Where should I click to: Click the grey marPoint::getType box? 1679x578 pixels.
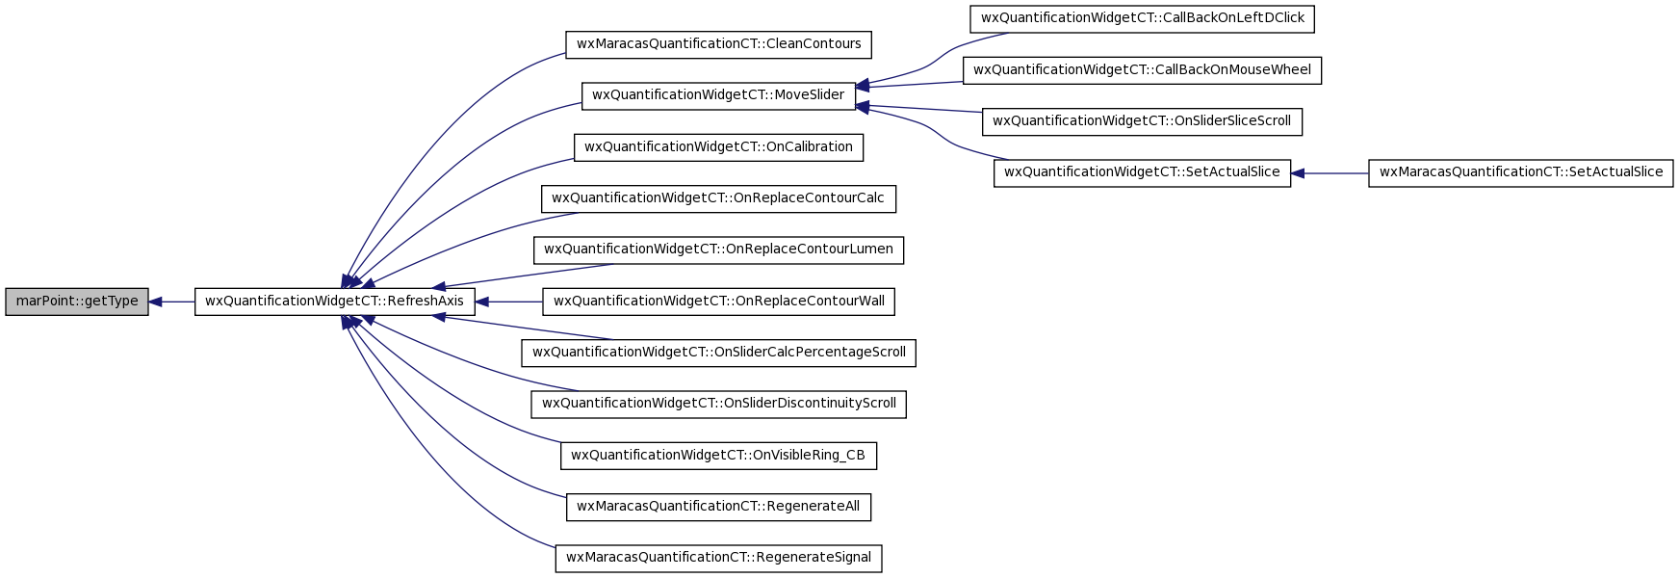click(77, 302)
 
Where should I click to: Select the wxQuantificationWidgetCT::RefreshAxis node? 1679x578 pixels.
click(335, 302)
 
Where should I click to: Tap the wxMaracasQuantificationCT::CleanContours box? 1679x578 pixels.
click(718, 44)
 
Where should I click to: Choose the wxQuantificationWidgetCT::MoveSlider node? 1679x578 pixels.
click(718, 95)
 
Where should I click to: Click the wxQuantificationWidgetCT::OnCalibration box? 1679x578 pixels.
click(718, 147)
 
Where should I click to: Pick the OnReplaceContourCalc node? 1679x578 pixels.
click(718, 198)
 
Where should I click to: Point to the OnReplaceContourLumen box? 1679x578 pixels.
click(718, 250)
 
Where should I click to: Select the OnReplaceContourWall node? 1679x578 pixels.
click(718, 302)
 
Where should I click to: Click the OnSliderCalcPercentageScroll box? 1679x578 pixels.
click(718, 353)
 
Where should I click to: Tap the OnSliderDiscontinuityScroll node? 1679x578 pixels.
click(718, 404)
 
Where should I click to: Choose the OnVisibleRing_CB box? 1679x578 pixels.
click(718, 456)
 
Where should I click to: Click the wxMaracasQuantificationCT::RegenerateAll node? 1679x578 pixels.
click(718, 507)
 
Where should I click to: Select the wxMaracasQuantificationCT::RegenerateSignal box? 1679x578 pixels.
click(718, 558)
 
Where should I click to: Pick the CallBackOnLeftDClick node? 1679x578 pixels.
click(1142, 18)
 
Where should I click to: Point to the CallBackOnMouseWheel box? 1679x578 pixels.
click(1142, 70)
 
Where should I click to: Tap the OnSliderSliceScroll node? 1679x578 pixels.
click(1142, 121)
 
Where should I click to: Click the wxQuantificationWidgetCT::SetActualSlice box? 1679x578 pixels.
click(1142, 173)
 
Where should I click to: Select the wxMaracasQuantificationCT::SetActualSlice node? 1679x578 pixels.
click(1521, 173)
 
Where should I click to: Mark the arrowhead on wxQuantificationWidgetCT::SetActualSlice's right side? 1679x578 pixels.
click(1297, 173)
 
